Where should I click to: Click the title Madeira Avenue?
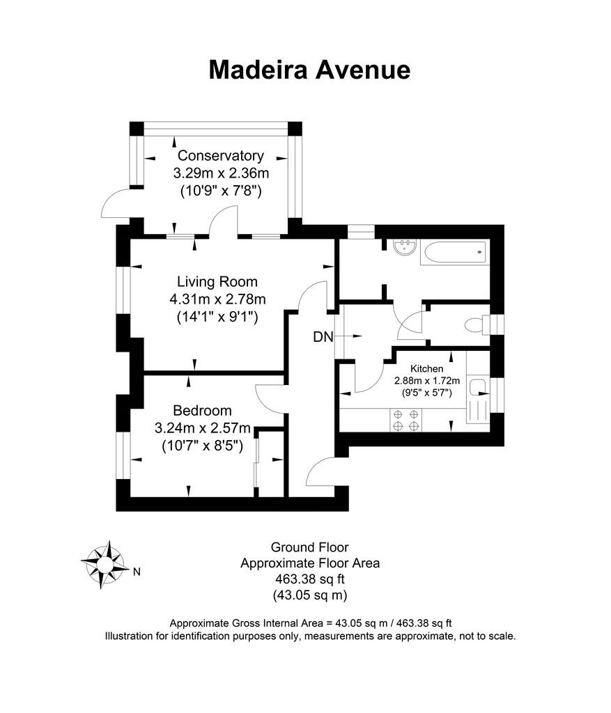(309, 70)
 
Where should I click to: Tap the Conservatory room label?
(220, 155)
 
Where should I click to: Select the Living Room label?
(217, 282)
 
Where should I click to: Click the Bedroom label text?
(202, 411)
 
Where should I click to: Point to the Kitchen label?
(427, 368)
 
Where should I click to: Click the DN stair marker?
(323, 337)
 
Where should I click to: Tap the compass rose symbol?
(104, 563)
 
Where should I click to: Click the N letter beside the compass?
(137, 572)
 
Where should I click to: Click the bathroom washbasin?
(404, 246)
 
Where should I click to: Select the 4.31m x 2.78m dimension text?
(217, 299)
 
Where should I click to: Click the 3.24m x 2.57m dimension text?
(202, 428)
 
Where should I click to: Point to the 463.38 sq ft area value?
(309, 579)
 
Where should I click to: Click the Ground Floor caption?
(309, 547)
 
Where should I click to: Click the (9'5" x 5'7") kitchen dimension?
(427, 393)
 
